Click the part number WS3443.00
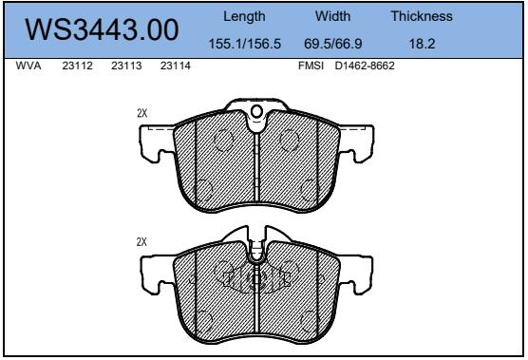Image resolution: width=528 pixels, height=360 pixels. (x=102, y=29)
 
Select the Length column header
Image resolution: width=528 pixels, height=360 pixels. (x=244, y=16)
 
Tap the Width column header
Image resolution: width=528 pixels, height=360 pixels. (x=332, y=16)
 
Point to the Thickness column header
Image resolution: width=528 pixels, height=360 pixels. (x=422, y=16)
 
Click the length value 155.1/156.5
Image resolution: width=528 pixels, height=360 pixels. (x=245, y=44)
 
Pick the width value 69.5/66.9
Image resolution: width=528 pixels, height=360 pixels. (x=333, y=44)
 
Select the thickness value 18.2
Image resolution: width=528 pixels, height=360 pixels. (x=422, y=44)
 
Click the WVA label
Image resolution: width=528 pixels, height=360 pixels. (x=28, y=66)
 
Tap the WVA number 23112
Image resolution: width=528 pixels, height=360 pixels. (x=78, y=66)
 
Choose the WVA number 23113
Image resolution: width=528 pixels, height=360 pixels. (x=126, y=66)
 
